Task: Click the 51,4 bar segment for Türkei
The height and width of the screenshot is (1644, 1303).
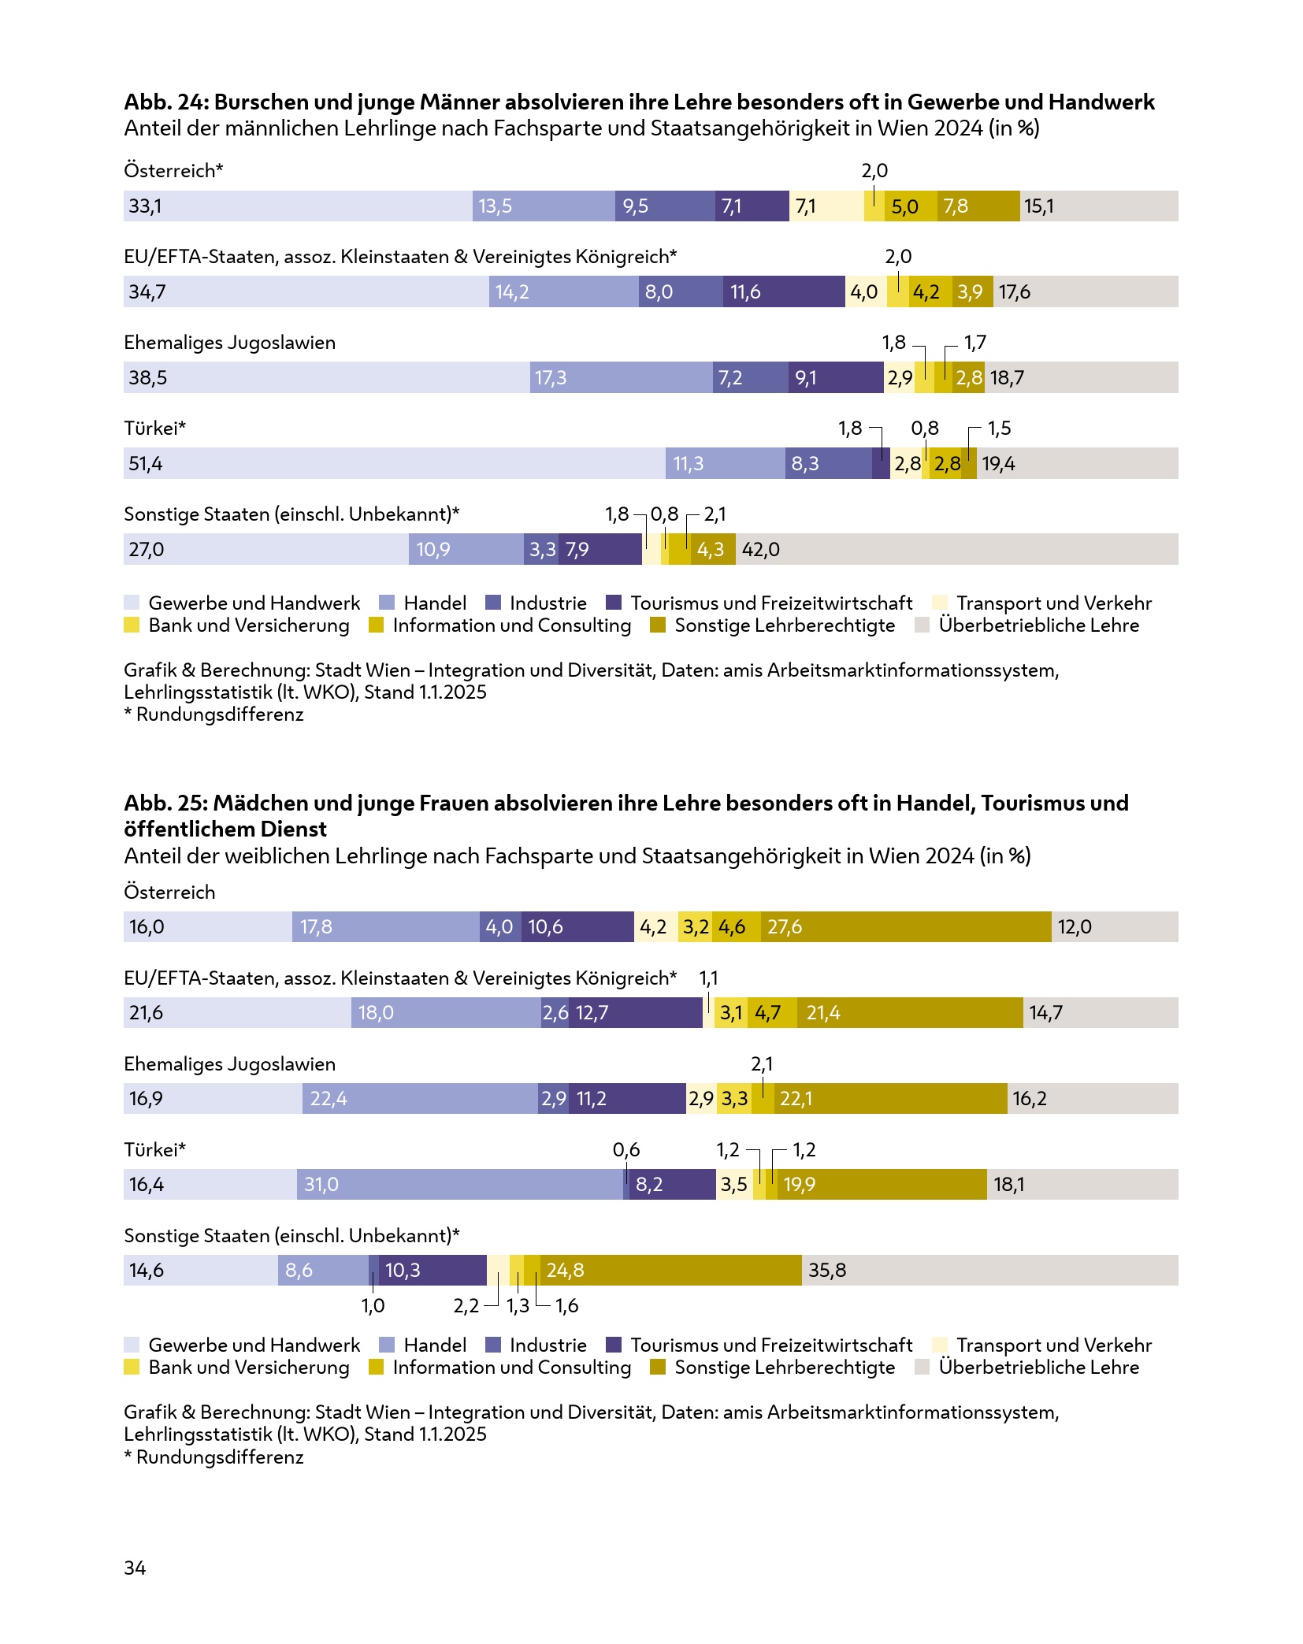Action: click(x=394, y=463)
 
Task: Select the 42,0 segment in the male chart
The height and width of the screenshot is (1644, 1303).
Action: click(x=956, y=549)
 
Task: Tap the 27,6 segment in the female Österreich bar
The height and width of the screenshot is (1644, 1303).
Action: click(x=906, y=926)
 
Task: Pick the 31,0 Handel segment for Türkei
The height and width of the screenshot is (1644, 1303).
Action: click(x=460, y=1184)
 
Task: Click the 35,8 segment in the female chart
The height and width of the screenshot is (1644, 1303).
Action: click(x=989, y=1270)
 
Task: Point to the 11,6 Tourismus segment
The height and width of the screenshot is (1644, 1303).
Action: click(x=784, y=291)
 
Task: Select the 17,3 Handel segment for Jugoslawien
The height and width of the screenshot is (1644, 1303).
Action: click(x=621, y=377)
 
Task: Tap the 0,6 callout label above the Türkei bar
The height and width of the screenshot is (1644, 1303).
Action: click(x=626, y=1150)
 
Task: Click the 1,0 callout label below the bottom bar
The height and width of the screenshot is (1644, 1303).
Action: click(x=373, y=1305)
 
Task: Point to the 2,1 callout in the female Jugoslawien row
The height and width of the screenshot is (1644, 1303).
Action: click(x=762, y=1064)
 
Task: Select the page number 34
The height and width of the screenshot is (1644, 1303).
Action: click(x=135, y=1568)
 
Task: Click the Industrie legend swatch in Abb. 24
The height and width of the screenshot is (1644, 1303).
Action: click(x=493, y=603)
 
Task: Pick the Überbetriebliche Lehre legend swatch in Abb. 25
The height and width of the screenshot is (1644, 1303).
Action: click(x=922, y=1367)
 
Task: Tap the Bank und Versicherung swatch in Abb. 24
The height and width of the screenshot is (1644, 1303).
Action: click(x=132, y=625)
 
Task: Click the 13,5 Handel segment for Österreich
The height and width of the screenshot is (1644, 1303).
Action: click(x=544, y=206)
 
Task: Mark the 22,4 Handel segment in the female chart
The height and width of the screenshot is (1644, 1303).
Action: click(x=420, y=1098)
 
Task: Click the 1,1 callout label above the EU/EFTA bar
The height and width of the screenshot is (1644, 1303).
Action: click(x=708, y=978)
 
